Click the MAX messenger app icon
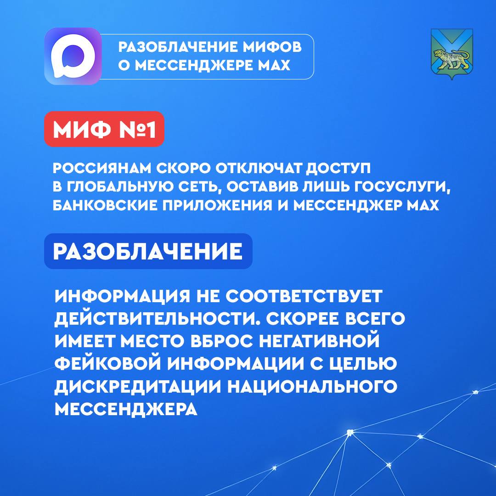pyautogui.click(x=73, y=56)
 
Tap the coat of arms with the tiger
pyautogui.click(x=452, y=54)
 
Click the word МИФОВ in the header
pyautogui.click(x=272, y=47)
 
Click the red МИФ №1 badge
pyautogui.click(x=104, y=129)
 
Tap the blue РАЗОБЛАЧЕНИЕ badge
pyautogui.click(x=148, y=252)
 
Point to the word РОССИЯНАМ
pyautogui.click(x=102, y=168)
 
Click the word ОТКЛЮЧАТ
pyautogui.click(x=258, y=168)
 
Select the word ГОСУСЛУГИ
pyautogui.click(x=401, y=187)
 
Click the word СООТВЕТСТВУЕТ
pyautogui.click(x=304, y=296)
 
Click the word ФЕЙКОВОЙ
pyautogui.click(x=108, y=363)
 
